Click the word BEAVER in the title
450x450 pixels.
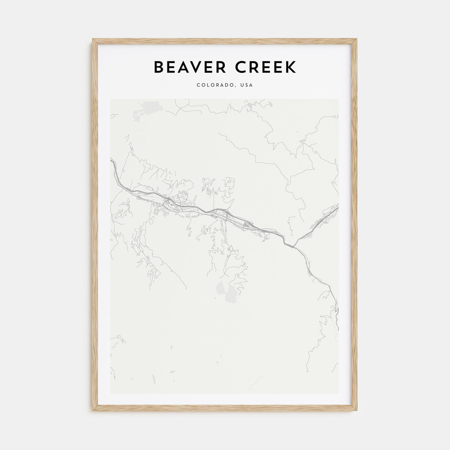point(190,67)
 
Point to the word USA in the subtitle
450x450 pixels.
point(246,85)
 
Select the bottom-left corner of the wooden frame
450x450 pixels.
point(93,411)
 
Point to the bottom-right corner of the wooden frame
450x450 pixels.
point(357,411)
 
